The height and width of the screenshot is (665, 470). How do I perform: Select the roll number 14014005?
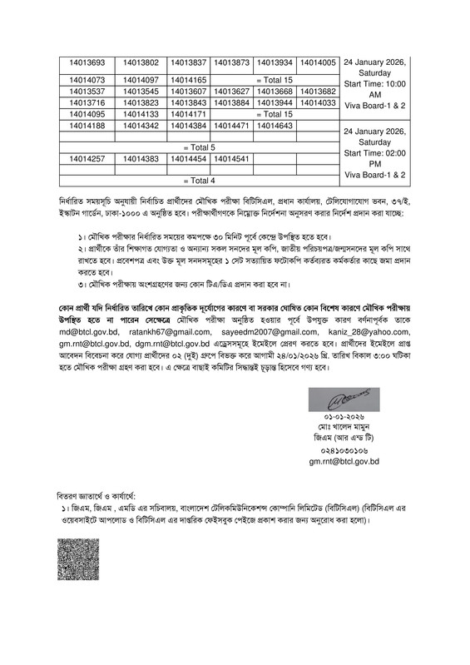pyautogui.click(x=317, y=62)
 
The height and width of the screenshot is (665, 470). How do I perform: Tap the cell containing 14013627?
pyautogui.click(x=231, y=91)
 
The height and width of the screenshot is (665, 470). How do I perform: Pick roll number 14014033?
pyautogui.click(x=317, y=102)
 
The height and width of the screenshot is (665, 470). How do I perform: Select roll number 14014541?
pyautogui.click(x=231, y=158)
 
